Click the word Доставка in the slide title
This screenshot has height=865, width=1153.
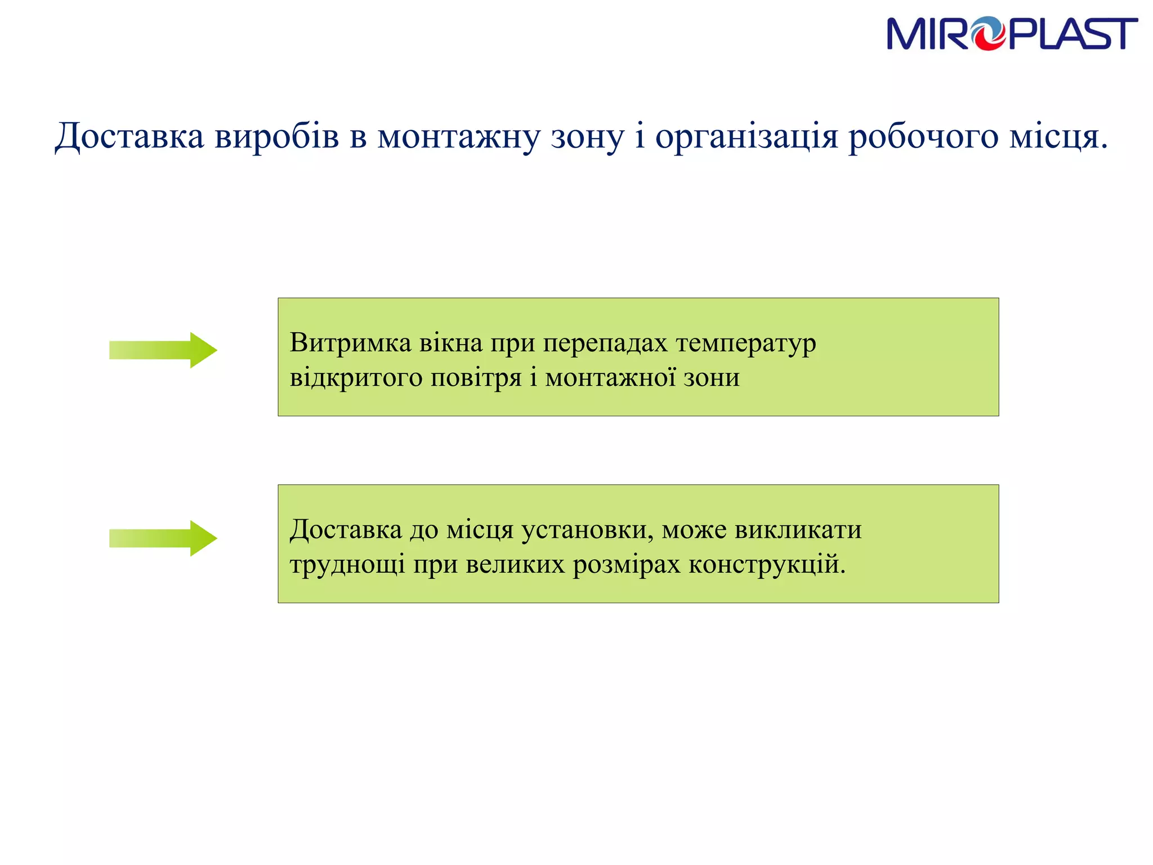(x=129, y=137)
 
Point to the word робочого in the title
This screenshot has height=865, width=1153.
(x=923, y=137)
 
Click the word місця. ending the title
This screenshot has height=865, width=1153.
(x=1058, y=137)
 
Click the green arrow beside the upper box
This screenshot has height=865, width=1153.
(x=163, y=350)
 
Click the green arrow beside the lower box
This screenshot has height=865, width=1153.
(x=163, y=538)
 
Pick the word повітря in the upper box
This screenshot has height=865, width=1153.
(x=476, y=377)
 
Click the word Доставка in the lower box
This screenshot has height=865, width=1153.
(x=346, y=529)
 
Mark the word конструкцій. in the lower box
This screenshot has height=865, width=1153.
(x=767, y=564)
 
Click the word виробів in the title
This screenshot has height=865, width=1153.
(x=277, y=137)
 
